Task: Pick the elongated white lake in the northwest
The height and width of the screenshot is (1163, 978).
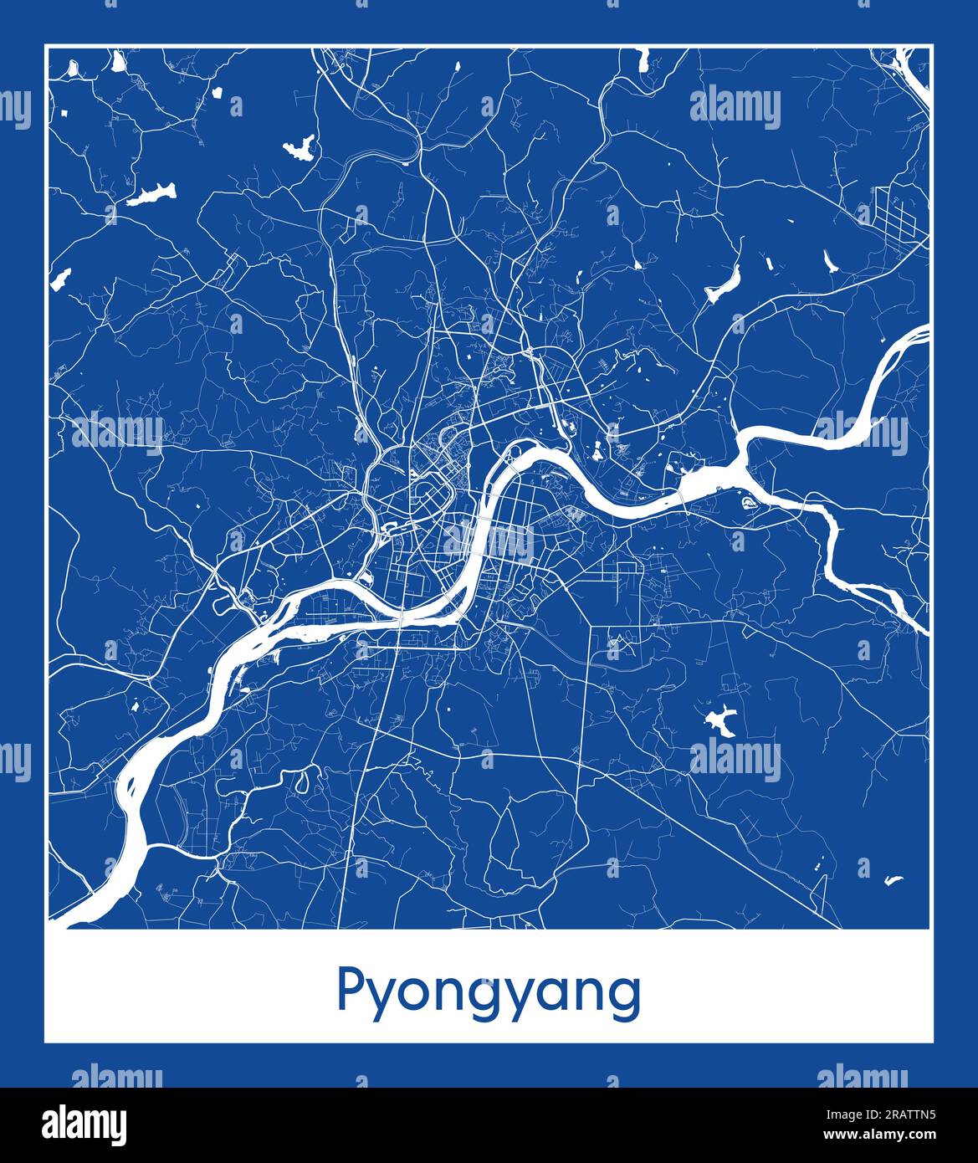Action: point(152,196)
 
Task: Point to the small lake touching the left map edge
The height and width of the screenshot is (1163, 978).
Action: point(60,278)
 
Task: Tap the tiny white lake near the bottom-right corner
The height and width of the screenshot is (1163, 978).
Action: point(894,879)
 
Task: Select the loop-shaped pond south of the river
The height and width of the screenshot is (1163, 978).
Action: point(302,781)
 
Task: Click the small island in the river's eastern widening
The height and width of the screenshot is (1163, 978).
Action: point(748,502)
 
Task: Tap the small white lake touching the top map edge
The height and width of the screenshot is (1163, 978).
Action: point(643,59)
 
